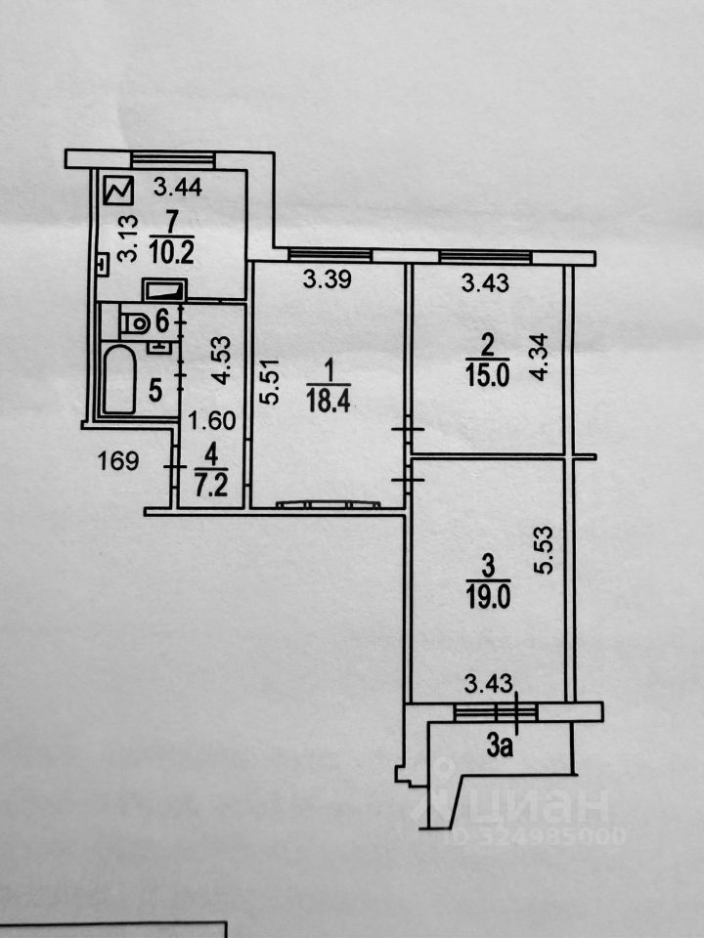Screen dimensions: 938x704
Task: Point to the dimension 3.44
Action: pos(179,188)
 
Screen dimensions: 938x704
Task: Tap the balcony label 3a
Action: pos(501,748)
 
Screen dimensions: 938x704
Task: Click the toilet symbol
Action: pos(130,320)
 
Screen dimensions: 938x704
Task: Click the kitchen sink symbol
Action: pos(163,290)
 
